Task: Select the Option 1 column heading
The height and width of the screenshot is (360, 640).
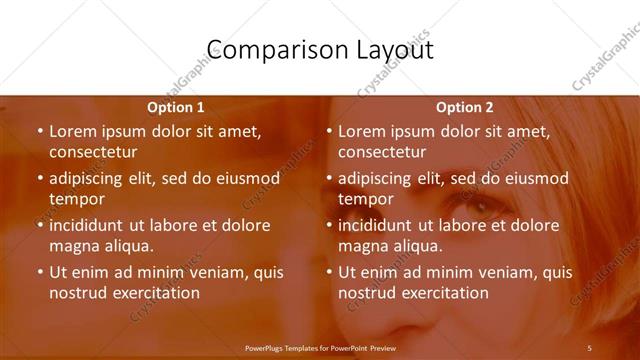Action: [176, 107]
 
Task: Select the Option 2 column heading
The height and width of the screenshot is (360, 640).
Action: [465, 107]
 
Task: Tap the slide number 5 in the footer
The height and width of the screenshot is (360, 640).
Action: [589, 347]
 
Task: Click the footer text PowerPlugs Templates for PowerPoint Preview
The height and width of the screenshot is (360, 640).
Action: [320, 347]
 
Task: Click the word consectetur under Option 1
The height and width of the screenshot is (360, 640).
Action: [92, 152]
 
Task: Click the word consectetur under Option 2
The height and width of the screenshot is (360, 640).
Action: [382, 152]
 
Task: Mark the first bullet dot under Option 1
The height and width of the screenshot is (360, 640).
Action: [39, 131]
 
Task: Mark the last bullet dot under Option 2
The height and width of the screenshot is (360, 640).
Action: [328, 272]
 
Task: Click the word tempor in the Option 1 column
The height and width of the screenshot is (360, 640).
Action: [77, 199]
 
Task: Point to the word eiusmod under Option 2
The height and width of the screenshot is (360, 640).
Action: [532, 179]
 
